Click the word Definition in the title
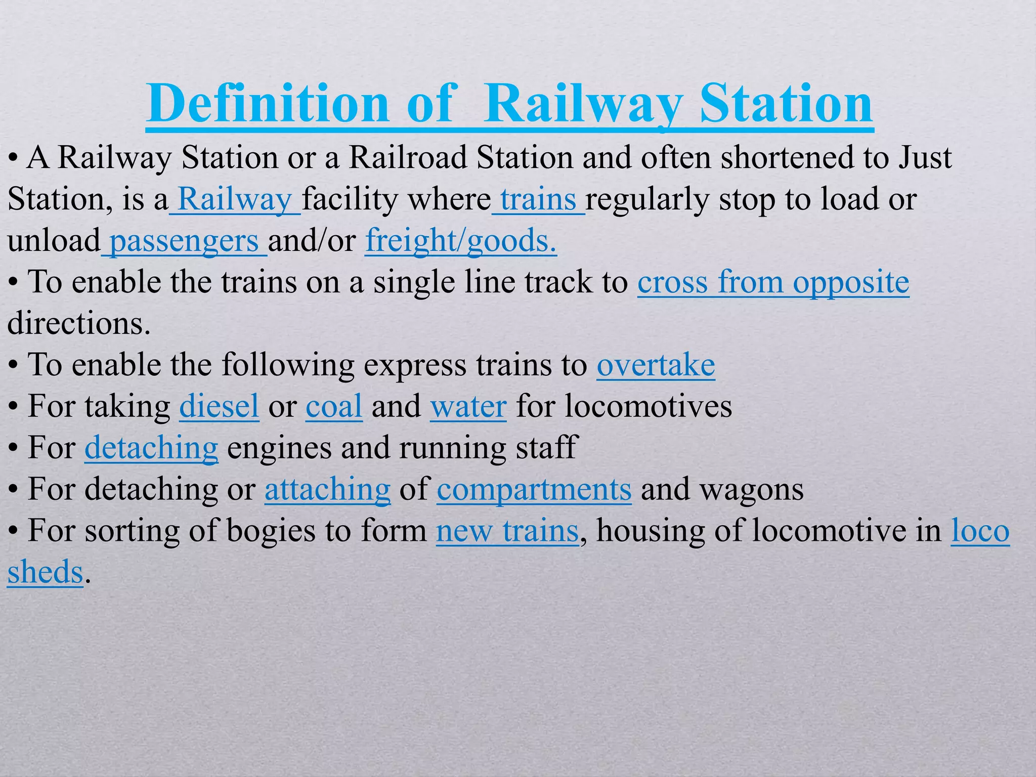[268, 104]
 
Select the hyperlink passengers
[184, 241]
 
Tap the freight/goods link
[461, 240]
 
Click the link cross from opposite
[773, 282]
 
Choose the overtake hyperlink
[656, 365]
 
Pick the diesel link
[219, 407]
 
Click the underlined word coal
[334, 407]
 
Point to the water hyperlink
[468, 407]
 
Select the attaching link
[327, 490]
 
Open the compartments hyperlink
[534, 490]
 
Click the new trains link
[507, 531]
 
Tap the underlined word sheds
[45, 573]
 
